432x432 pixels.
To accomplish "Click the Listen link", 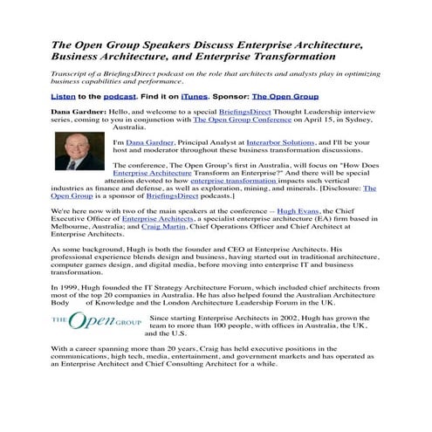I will [63, 96].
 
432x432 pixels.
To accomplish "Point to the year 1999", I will [72, 287].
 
